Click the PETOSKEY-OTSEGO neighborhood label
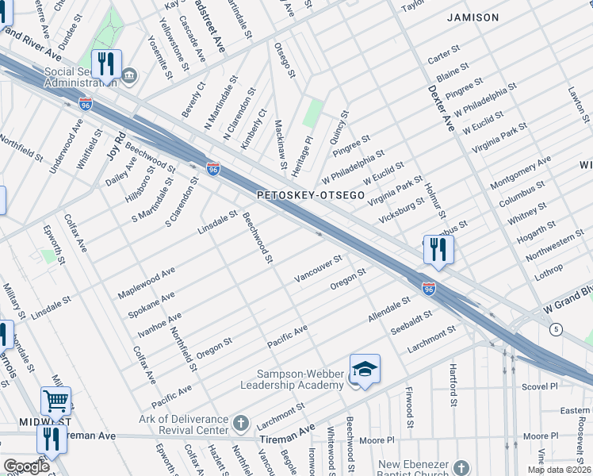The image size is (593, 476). (311, 194)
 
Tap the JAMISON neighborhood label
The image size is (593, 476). (472, 17)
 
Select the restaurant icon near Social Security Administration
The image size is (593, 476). (105, 64)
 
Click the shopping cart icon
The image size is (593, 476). (55, 401)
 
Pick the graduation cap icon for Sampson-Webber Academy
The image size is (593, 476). (365, 369)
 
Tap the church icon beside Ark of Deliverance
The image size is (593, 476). (242, 420)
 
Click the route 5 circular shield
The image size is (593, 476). (557, 328)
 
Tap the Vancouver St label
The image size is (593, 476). (318, 269)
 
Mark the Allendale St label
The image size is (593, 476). (389, 310)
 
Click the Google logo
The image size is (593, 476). (25, 466)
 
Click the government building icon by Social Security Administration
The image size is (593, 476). (130, 77)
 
